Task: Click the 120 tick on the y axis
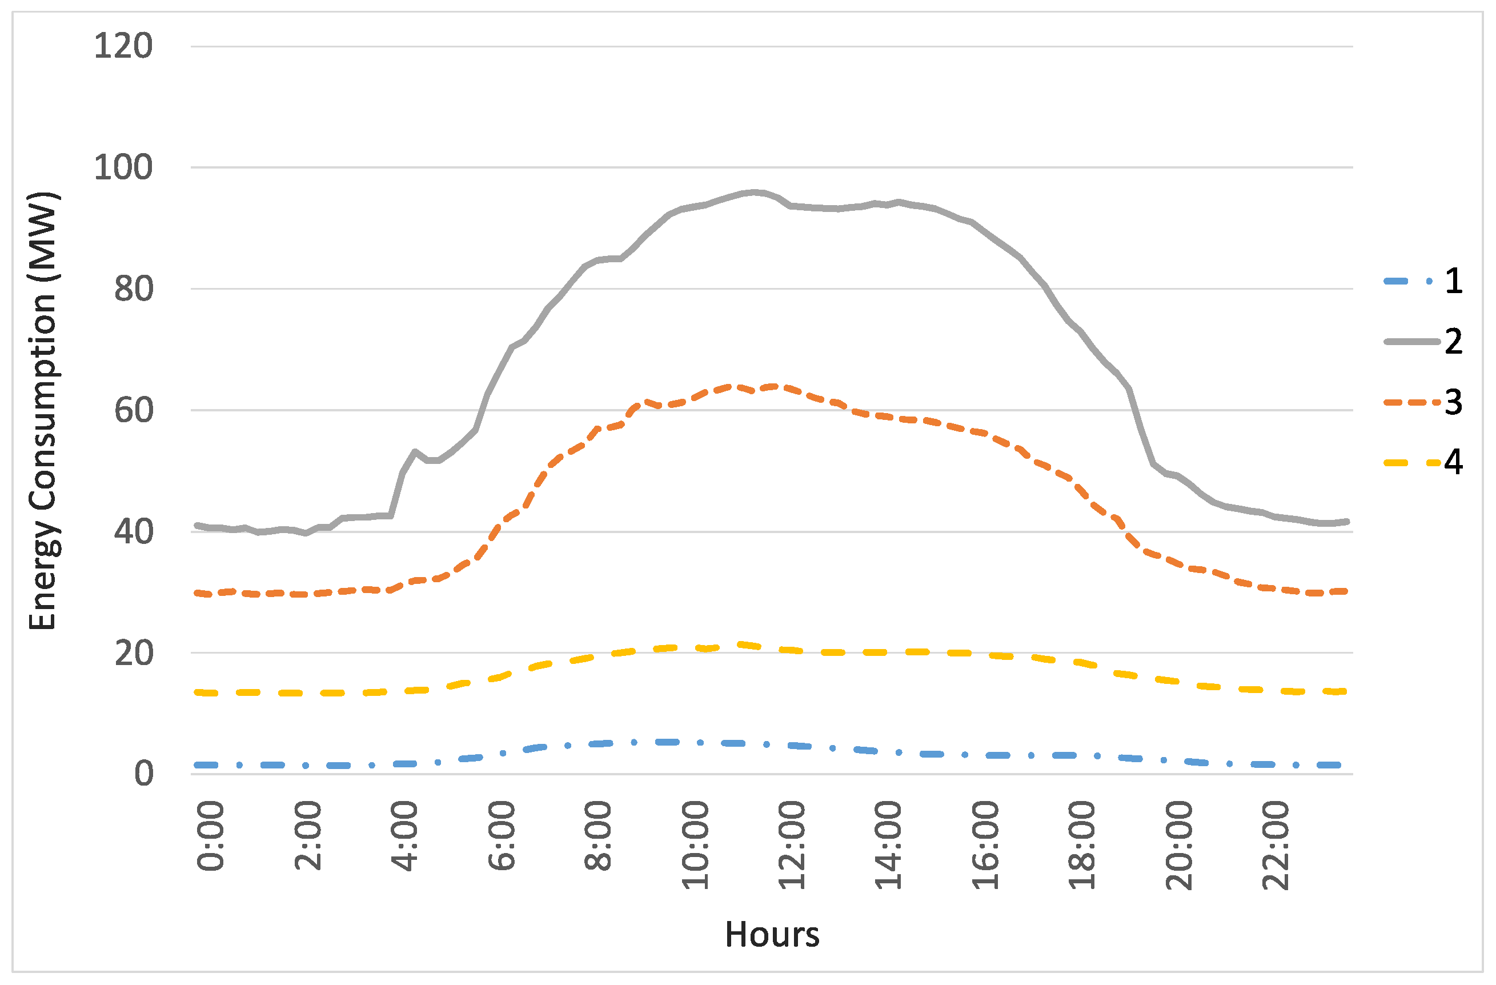[x=123, y=46]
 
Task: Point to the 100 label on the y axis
[x=123, y=167]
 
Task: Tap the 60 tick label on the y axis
[x=133, y=410]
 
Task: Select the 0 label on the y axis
[x=143, y=773]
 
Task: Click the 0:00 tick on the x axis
[x=211, y=835]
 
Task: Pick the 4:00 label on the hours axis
[x=405, y=835]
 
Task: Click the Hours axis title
[x=772, y=934]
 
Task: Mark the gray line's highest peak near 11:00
[x=755, y=192]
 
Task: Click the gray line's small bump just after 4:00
[x=415, y=451]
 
